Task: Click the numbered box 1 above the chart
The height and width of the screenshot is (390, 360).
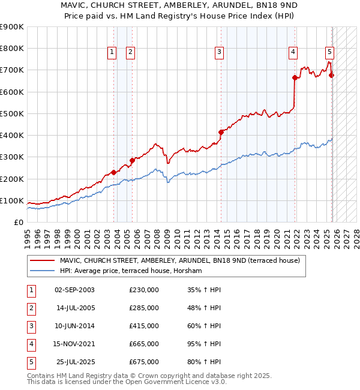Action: tap(112, 53)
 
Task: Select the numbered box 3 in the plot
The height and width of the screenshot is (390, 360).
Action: tap(219, 53)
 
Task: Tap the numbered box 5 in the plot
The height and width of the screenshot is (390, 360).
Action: tap(330, 53)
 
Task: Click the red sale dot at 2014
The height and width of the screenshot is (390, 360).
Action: tap(221, 132)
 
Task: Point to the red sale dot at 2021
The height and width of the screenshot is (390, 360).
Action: tap(295, 77)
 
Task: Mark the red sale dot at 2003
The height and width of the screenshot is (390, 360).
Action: tap(113, 173)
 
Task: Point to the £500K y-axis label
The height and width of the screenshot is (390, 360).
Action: tap(11, 113)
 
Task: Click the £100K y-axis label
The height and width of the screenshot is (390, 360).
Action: tap(11, 200)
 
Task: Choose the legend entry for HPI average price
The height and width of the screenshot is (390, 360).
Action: tap(131, 271)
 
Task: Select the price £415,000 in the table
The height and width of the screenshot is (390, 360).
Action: tap(143, 326)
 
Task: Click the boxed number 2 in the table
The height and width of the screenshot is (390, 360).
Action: tap(31, 308)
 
